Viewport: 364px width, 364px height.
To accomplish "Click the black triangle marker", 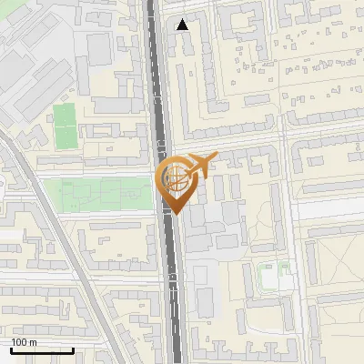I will coord(184,25).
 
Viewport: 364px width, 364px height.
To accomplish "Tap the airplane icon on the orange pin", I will coord(199,166).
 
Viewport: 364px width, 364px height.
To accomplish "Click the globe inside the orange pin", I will coord(173,178).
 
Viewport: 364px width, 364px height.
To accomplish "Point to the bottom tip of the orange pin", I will coord(174,214).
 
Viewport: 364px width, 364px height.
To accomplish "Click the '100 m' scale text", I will coord(24,342).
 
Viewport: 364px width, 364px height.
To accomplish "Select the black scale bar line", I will coord(42,350).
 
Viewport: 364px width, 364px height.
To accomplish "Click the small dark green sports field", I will coord(64,126).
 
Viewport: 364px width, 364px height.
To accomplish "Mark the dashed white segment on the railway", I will coord(174,296).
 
